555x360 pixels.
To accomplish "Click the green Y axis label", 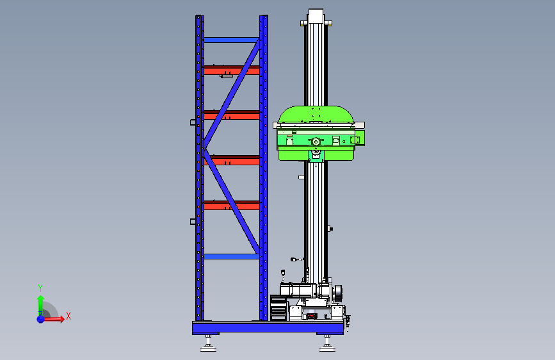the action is tap(40, 288).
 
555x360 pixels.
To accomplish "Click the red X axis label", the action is tap(68, 316).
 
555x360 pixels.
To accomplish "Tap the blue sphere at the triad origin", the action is tap(41, 319).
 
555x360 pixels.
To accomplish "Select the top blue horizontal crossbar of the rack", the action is tap(232, 40).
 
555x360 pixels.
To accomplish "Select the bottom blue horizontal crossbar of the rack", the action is tap(232, 256).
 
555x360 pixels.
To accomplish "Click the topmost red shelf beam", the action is tap(232, 70).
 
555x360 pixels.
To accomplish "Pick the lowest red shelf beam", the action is tap(232, 205).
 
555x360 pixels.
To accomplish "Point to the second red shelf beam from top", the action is tap(232, 115).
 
